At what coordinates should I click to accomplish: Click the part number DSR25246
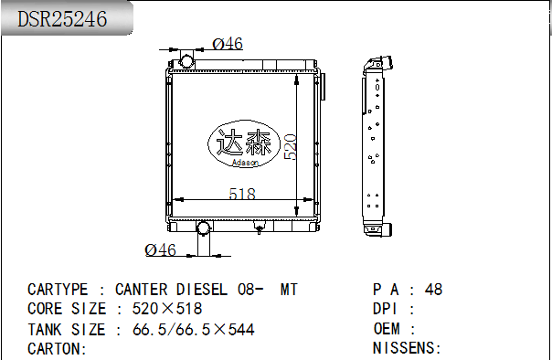pyautogui.click(x=62, y=18)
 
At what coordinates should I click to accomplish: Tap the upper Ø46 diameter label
pyautogui.click(x=228, y=44)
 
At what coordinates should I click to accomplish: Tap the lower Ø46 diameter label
pyautogui.click(x=160, y=249)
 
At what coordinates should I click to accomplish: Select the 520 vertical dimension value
pyautogui.click(x=291, y=147)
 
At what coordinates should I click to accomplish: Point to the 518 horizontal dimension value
pyautogui.click(x=242, y=194)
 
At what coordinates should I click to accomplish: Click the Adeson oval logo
pyautogui.click(x=244, y=143)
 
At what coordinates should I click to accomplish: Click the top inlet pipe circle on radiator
pyautogui.click(x=186, y=61)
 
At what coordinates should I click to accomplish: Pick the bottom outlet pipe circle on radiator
pyautogui.click(x=203, y=228)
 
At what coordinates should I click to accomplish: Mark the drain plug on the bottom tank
pyautogui.click(x=260, y=229)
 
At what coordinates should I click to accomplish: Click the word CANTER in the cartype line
pyautogui.click(x=142, y=290)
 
